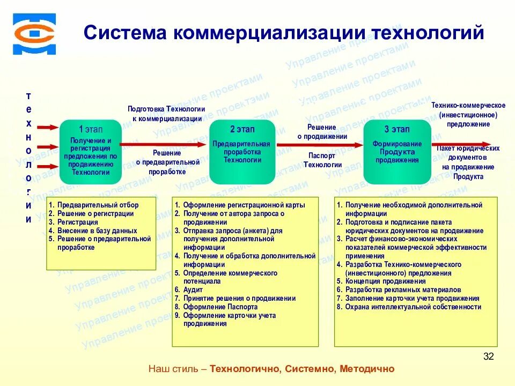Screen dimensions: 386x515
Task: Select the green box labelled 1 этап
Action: pos(91,152)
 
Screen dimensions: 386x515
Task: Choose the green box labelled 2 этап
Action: pos(242,152)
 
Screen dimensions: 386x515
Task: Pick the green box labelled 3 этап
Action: pos(397,152)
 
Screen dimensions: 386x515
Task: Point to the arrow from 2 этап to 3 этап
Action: pos(320,144)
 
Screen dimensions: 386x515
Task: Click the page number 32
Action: pos(488,357)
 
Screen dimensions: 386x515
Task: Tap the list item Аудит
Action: pos(193,290)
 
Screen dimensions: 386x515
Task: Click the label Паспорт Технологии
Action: pos(322,160)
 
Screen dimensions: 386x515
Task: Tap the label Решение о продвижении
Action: pos(322,132)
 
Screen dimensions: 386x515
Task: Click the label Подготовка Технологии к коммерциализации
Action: pos(166,114)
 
